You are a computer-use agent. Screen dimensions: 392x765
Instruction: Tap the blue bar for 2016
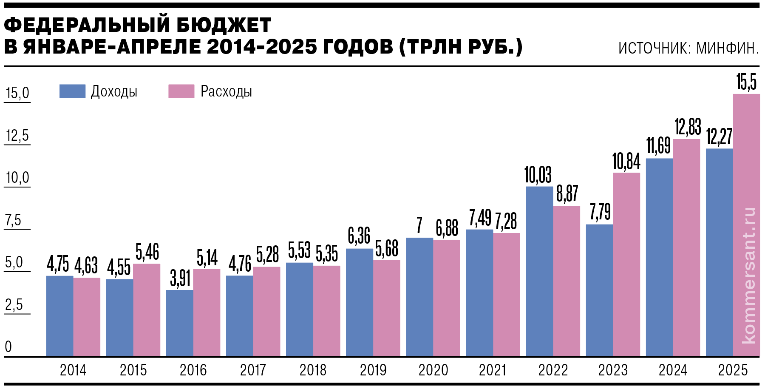point(179,323)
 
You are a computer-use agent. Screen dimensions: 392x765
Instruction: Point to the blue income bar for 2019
point(359,302)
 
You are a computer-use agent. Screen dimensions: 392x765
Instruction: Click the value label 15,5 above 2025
point(746,82)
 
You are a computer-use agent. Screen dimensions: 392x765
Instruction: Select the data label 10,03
point(538,175)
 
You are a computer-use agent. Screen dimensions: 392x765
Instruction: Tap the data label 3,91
point(180,278)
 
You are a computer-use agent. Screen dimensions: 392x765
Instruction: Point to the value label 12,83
point(688,127)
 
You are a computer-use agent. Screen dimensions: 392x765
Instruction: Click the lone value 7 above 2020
point(419,225)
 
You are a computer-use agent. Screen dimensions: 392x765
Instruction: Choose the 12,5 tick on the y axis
point(17,136)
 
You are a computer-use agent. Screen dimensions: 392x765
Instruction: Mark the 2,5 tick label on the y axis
point(14,305)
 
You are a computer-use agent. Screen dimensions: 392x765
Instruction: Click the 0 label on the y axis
point(8,347)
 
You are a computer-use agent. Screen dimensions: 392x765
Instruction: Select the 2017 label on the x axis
point(253,370)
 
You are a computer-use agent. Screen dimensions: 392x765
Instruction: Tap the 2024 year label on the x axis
point(673,370)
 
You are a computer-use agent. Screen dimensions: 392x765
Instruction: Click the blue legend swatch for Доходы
point(72,91)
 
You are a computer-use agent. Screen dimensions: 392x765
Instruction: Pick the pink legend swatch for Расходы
point(181,91)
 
